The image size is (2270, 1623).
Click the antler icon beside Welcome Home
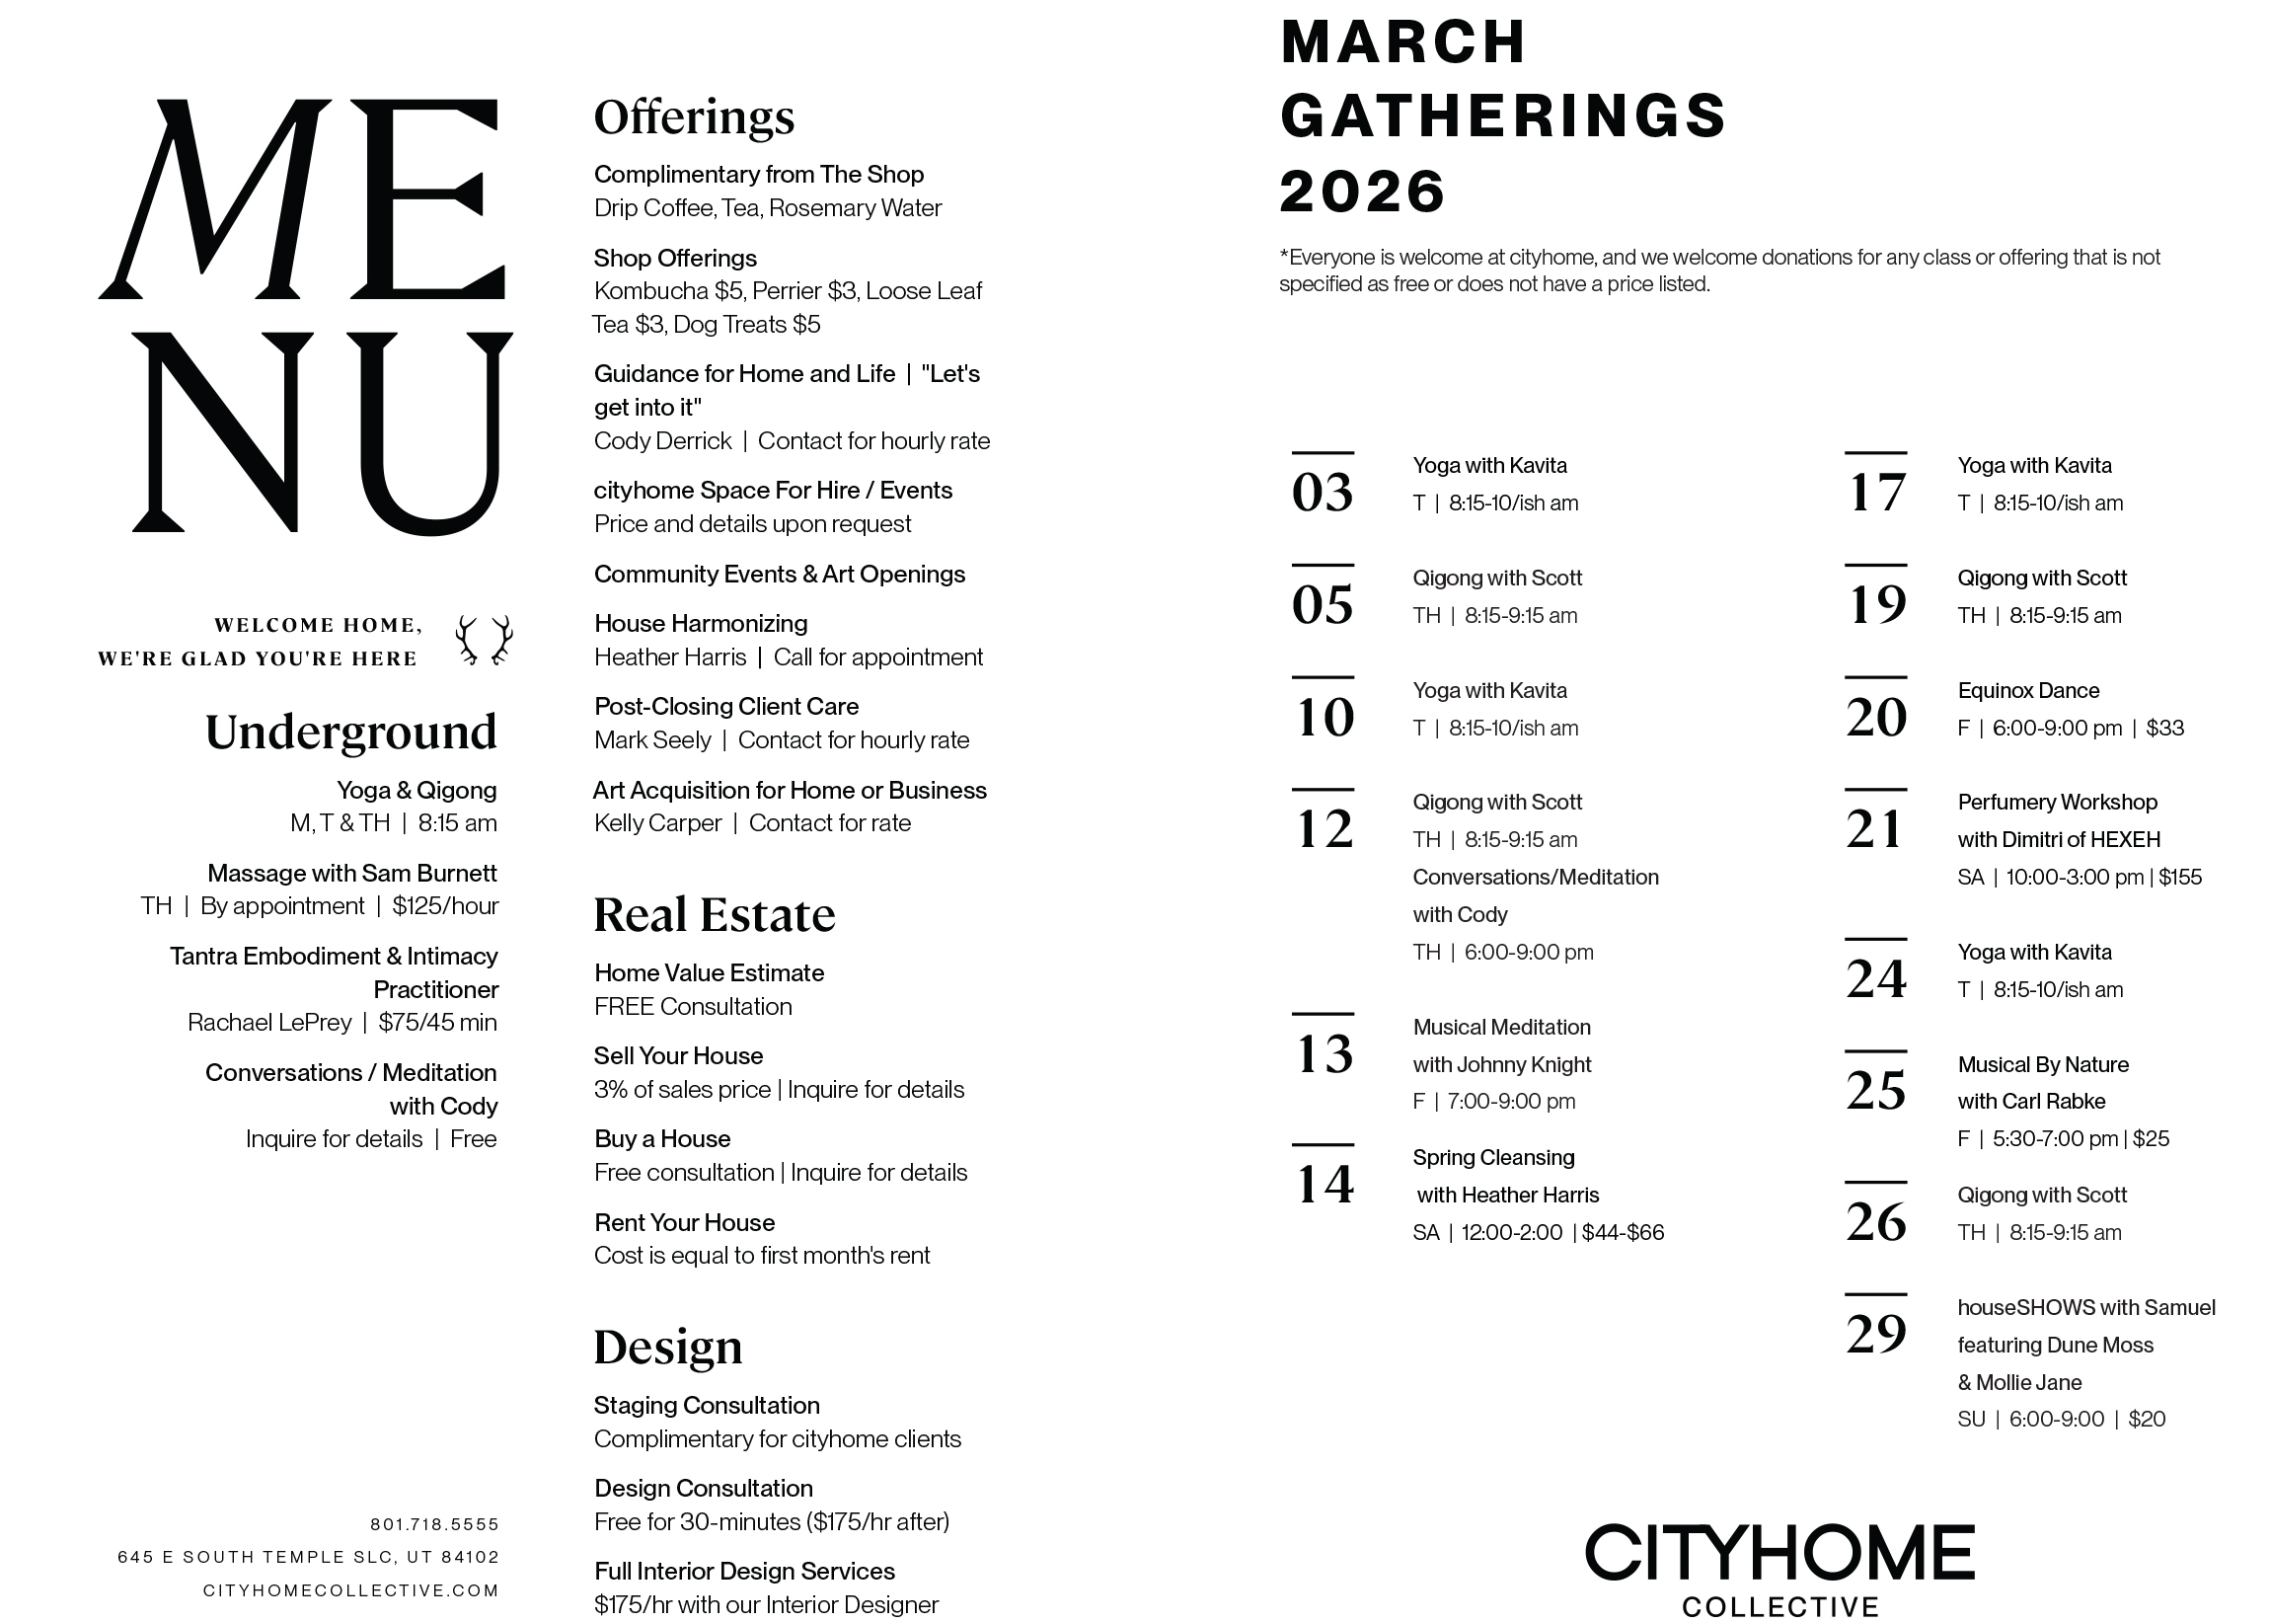485,641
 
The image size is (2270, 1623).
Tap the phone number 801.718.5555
434,1524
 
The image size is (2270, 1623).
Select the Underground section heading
350,732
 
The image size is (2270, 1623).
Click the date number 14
1324,1185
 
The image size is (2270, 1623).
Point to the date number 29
1875,1334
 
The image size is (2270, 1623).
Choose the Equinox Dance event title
2028,691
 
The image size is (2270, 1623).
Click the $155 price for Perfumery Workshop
2180,878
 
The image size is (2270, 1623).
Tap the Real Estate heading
715,914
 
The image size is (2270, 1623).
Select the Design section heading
668,1348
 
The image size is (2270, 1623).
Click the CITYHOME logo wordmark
1779,1554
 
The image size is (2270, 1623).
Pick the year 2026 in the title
1362,192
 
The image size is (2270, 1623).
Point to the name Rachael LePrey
269,1023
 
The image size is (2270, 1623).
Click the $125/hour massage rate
445,906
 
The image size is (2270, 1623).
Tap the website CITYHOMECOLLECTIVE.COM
350,1590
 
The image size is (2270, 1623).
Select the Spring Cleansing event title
1492,1157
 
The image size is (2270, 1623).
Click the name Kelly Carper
657,823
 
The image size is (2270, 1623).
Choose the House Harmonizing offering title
701,624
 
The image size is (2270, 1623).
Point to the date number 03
1322,493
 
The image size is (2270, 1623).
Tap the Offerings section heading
695,116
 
